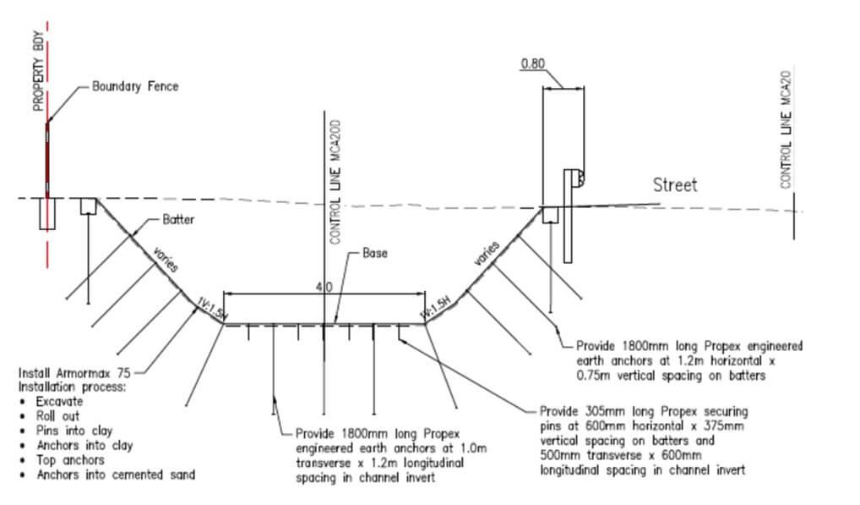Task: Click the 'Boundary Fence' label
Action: pos(135,86)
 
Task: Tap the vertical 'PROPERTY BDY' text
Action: pos(38,71)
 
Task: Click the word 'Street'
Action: pos(675,185)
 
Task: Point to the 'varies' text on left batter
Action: pos(165,260)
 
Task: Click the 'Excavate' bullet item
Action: pos(59,401)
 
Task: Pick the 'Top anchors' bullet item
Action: pos(70,460)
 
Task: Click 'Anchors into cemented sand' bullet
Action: pos(115,475)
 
